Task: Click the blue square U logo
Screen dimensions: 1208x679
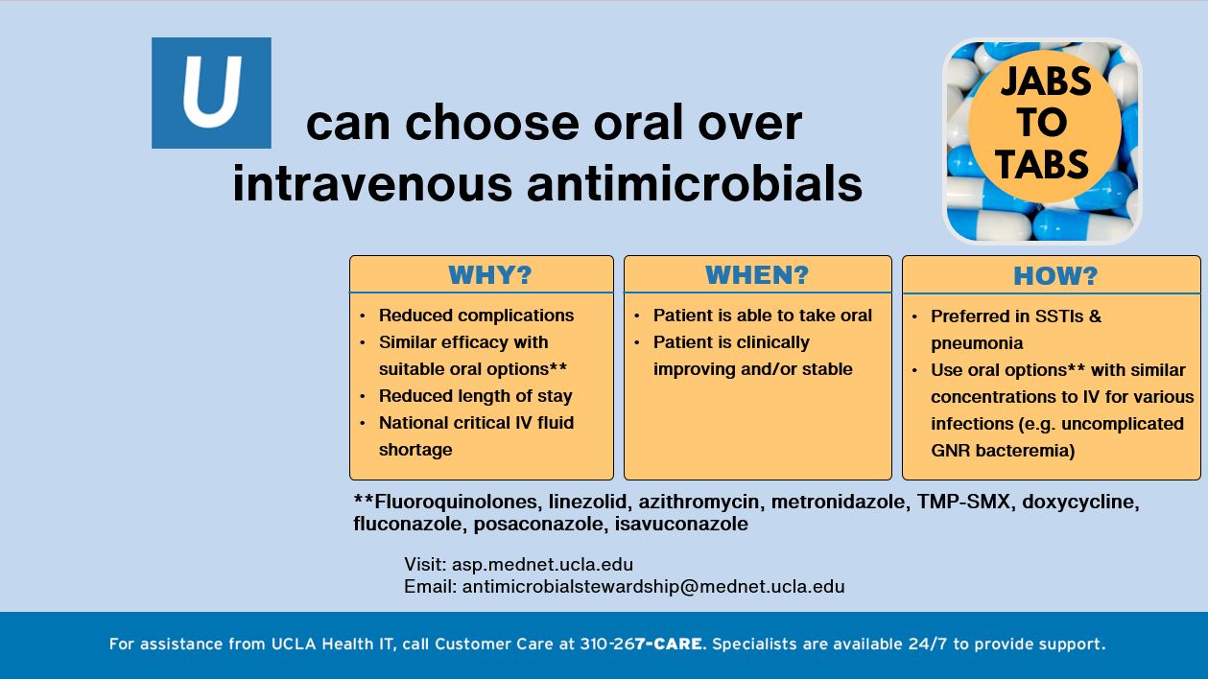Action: tap(211, 93)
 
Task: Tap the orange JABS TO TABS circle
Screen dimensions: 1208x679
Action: tap(1045, 127)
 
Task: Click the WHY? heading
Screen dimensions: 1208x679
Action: tap(489, 275)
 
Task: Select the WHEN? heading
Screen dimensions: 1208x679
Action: tap(757, 275)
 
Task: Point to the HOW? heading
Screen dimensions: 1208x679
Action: tap(1055, 276)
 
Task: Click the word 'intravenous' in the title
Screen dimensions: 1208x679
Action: tap(372, 183)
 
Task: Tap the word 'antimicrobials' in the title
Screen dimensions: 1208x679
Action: tap(695, 183)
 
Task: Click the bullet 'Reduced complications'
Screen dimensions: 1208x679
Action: tap(476, 316)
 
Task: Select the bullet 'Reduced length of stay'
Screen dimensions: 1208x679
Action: tap(475, 396)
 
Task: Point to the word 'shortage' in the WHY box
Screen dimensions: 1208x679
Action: tap(415, 450)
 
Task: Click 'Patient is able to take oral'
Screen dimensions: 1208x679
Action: tap(762, 316)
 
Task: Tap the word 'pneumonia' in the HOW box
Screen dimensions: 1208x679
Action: tap(977, 343)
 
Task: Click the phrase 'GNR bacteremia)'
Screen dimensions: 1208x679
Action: tap(1003, 451)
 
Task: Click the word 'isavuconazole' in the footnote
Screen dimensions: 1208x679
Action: tap(681, 524)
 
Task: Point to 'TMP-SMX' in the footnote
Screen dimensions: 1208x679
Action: tap(963, 502)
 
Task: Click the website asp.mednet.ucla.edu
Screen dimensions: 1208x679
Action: tap(542, 564)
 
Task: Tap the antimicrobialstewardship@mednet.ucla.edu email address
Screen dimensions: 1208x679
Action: tap(653, 586)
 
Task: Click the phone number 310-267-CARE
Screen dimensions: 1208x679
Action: tap(642, 644)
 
